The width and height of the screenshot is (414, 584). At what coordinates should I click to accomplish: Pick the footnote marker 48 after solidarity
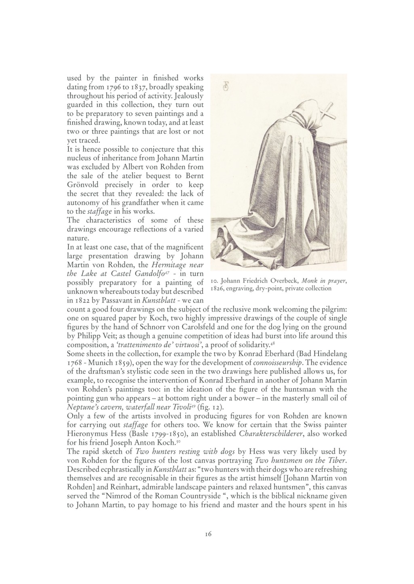point(273,344)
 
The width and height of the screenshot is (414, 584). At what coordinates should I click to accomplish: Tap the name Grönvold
point(82,185)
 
